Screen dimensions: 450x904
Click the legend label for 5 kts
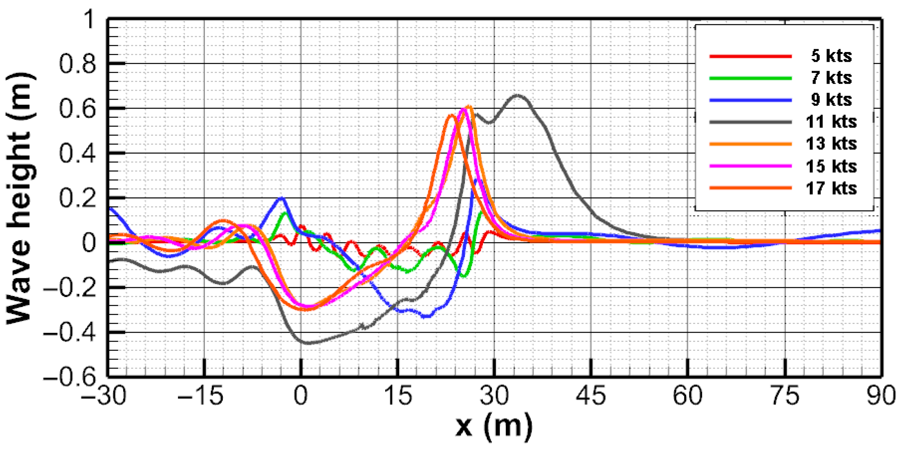point(831,56)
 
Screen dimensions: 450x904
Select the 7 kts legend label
point(831,78)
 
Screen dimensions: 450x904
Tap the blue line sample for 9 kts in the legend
point(750,100)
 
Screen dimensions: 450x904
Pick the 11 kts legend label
point(831,122)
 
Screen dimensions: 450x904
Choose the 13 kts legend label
point(831,144)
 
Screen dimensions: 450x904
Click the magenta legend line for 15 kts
point(750,166)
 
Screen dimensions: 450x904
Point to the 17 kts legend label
point(831,188)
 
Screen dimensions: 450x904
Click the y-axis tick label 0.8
point(77,64)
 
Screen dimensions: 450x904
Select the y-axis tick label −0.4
point(70,333)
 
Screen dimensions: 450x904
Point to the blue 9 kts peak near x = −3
point(281,199)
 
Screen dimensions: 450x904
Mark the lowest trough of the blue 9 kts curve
point(427,316)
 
